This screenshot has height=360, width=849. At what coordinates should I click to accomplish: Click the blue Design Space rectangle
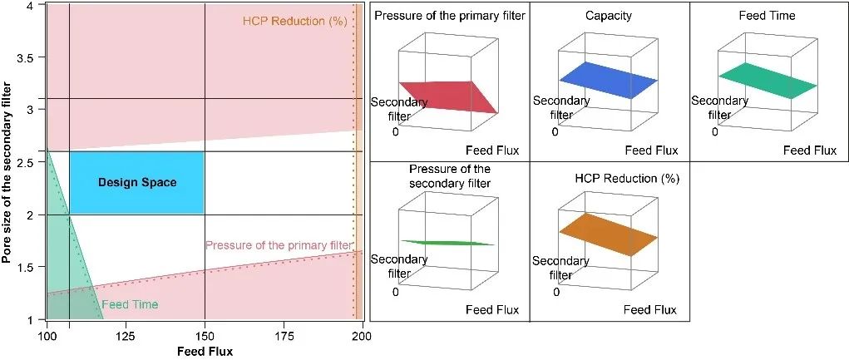[137, 182]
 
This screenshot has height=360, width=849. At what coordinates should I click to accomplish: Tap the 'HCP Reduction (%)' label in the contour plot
[294, 21]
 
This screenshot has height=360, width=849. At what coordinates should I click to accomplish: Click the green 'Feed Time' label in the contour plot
[131, 304]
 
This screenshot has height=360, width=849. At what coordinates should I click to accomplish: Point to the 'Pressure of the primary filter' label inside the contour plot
[278, 245]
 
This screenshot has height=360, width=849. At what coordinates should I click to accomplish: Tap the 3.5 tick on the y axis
[34, 57]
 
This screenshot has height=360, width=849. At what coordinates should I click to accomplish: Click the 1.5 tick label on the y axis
[34, 268]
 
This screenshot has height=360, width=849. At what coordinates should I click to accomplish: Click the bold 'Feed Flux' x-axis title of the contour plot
[205, 351]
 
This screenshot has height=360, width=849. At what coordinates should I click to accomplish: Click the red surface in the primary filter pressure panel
[450, 95]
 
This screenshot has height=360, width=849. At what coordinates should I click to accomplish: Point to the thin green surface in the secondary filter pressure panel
[449, 243]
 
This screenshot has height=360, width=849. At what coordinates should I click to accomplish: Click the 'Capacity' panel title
[609, 16]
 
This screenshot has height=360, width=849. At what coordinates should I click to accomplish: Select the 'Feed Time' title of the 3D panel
[767, 16]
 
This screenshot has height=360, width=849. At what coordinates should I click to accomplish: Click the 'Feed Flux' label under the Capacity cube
[651, 150]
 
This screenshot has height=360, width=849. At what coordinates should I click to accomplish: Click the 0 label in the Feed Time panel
[714, 131]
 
